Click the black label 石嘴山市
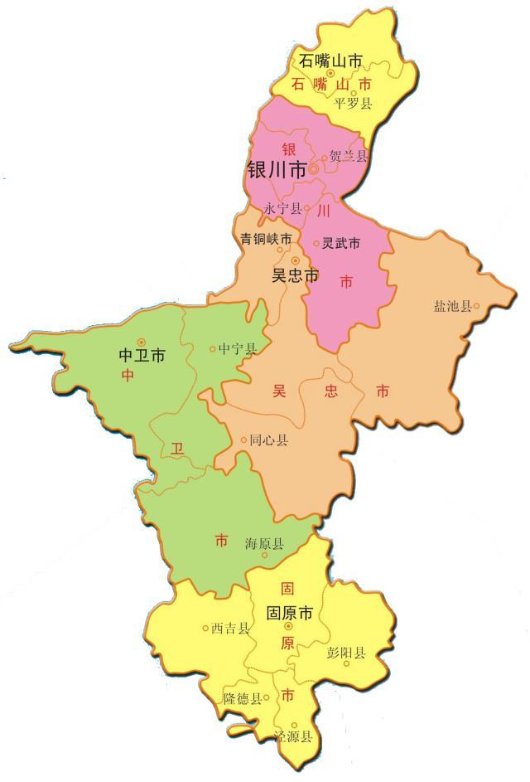pos(330,61)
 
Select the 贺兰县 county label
pos(348,156)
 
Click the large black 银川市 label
pos(277,171)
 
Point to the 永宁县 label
pos(282,210)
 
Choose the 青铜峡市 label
pos(266,239)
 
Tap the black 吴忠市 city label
pos(295,276)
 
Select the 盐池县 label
pos(451,307)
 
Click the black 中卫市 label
pos(142,356)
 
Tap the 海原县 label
pos(264,544)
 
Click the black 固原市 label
pos(289,614)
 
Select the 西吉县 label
pos(230,629)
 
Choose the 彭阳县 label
pos(346,653)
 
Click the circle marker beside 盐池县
pos(476,306)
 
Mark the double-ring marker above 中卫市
pos(142,341)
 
